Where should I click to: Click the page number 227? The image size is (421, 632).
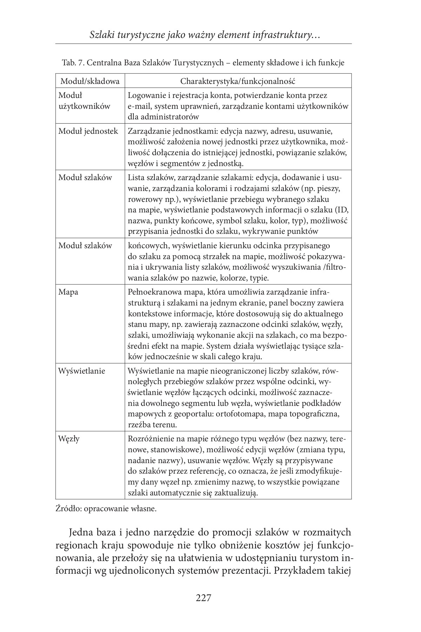(203, 598)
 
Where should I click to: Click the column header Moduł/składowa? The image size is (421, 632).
(90, 81)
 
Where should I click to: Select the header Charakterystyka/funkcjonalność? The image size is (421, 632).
(238, 81)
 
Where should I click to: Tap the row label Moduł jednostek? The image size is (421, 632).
(88, 131)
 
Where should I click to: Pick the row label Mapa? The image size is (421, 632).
(68, 292)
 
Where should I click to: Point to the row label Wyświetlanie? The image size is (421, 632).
(82, 371)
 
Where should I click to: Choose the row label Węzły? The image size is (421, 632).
(69, 439)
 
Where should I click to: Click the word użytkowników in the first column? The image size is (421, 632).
(84, 106)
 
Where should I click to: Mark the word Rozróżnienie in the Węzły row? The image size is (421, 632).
(152, 439)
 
